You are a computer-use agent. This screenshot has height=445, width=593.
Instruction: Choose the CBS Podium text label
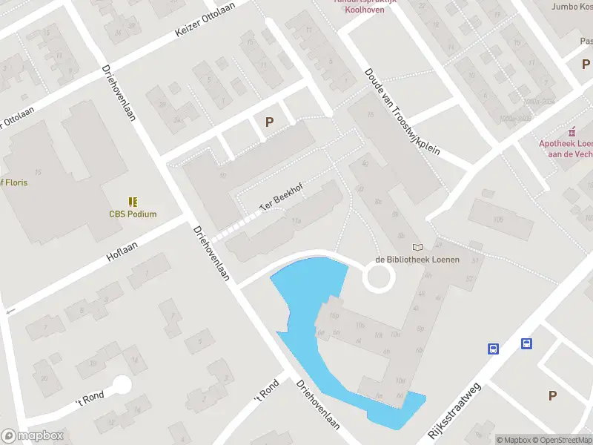[133, 214]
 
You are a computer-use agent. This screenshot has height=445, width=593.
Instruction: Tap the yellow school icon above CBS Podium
[133, 202]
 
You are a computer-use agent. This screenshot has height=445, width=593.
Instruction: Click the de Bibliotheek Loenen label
[417, 260]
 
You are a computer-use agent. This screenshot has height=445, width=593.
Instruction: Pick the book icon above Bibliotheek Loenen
[417, 247]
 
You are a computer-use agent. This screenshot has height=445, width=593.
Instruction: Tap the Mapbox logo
[32, 436]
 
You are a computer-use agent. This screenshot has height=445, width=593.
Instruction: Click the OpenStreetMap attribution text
[560, 440]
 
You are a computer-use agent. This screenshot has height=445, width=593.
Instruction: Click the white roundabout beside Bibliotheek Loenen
[379, 279]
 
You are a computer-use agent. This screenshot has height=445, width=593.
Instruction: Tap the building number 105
[498, 220]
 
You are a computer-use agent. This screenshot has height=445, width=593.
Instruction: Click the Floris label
[13, 182]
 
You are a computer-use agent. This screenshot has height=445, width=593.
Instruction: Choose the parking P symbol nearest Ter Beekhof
[270, 122]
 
